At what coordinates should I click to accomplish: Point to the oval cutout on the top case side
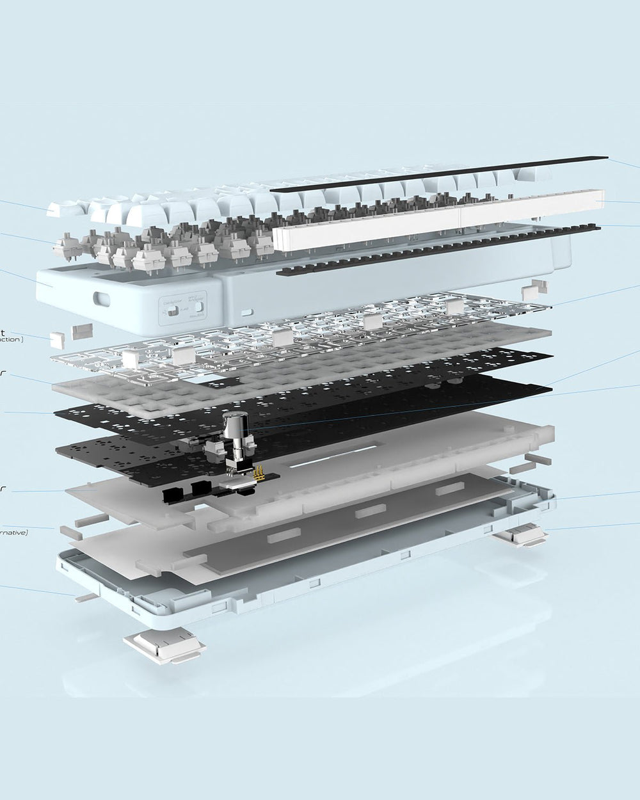(100, 299)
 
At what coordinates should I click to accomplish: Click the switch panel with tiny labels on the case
(183, 304)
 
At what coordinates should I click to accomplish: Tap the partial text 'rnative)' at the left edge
(13, 531)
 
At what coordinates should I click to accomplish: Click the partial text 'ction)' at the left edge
(12, 339)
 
